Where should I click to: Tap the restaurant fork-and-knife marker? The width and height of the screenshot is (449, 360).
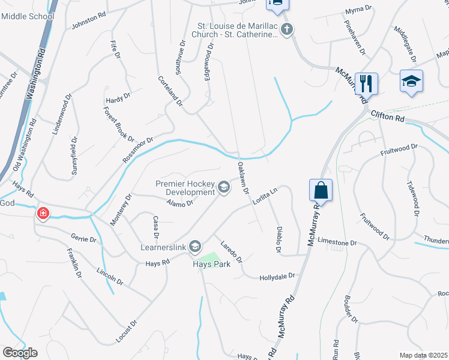coord(366,83)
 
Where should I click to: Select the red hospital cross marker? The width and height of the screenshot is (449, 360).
coord(43,214)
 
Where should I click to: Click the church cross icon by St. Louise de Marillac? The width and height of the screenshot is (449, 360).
coord(287,29)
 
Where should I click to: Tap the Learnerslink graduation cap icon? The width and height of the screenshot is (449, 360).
coord(194,246)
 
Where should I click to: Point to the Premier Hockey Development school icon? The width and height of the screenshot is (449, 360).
coord(224,188)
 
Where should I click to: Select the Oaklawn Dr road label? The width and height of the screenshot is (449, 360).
coord(243,178)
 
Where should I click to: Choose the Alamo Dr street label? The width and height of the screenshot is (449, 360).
coord(180,203)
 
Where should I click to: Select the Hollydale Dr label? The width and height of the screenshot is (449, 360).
coord(277,277)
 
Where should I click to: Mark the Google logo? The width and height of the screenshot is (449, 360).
coord(20,353)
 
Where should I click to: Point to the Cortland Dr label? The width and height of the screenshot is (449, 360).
coord(170,91)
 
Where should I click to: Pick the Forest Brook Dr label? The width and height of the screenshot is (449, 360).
coord(119,124)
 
